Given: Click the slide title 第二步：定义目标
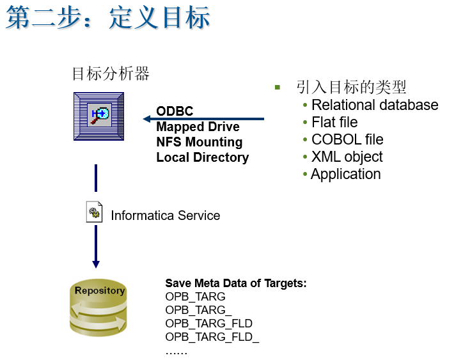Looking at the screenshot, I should point(108,19).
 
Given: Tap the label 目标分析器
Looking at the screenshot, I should point(111,74).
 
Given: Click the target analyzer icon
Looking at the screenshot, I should point(98,116).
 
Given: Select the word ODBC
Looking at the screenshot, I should point(175,111).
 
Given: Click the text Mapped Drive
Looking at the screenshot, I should point(198,127).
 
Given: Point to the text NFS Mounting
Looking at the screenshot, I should point(199,142).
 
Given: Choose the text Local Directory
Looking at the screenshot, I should point(202,157).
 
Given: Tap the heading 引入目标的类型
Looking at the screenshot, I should point(351,87).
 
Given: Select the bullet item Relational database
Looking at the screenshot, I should point(375,105).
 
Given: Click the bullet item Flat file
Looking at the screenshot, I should point(334,122).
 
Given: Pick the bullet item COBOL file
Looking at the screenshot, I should point(347,139).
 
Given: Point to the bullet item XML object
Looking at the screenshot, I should point(347,157).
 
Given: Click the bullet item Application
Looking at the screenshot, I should point(345,174).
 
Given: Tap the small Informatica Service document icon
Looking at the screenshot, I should point(95,212).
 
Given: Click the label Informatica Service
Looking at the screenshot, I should point(165,215).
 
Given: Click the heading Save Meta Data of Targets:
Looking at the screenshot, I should point(236,283).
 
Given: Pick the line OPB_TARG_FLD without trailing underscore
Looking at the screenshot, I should point(208,323).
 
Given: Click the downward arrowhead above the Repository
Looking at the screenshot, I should point(96,263).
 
